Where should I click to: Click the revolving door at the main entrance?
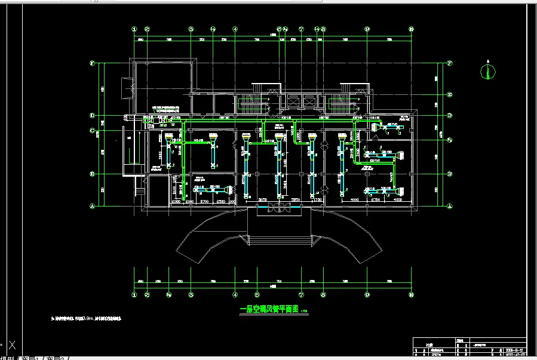[280, 209]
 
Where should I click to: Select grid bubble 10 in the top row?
[412, 29]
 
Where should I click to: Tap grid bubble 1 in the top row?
[135, 29]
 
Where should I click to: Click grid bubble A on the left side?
[93, 206]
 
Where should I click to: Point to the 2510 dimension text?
[220, 201]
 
